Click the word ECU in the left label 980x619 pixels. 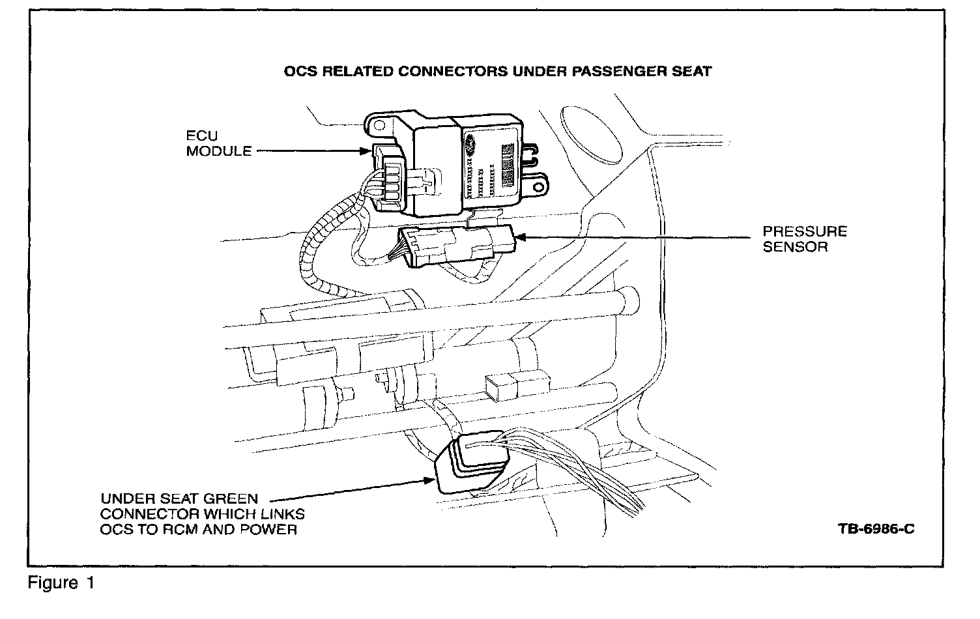pos(201,137)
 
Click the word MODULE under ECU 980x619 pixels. pos(218,151)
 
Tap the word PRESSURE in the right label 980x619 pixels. pos(805,232)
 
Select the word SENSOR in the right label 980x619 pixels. pos(795,247)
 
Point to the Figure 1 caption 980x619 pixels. pos(61,583)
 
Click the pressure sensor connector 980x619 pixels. pos(456,246)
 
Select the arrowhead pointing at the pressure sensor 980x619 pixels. pos(519,238)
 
